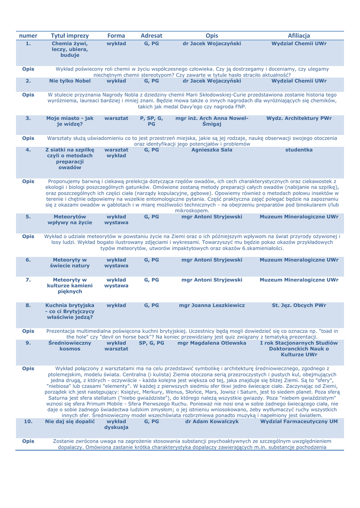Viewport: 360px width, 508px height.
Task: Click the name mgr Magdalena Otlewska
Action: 212,356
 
